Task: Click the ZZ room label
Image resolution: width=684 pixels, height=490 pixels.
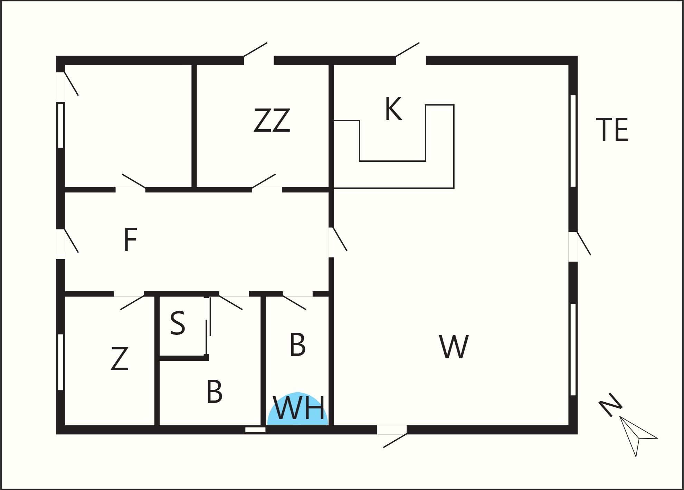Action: pos(272,120)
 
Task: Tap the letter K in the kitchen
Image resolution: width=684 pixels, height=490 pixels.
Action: pos(394,109)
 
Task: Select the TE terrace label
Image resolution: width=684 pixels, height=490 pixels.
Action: pos(612,130)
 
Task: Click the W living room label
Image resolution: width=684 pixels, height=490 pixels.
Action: pos(454,347)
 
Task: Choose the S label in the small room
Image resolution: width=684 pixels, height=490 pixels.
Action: pos(178,323)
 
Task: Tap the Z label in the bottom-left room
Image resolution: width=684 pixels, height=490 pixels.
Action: pos(120,359)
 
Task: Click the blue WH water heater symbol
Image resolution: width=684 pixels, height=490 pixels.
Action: pos(298,409)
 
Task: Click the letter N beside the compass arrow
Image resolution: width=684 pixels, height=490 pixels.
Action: pos(610,405)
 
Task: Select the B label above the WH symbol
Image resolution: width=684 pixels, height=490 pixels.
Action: pos(298,345)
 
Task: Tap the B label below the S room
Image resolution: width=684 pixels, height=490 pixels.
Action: pos(215,392)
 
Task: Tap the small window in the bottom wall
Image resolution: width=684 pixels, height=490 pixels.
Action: pos(255,430)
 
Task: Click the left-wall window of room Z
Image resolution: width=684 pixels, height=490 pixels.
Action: pos(61,362)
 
